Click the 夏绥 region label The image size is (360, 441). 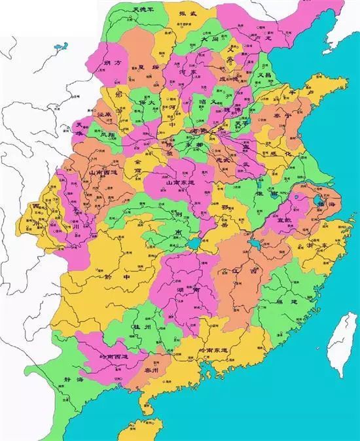pos(148,67)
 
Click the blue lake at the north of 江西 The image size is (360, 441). pos(253,247)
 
